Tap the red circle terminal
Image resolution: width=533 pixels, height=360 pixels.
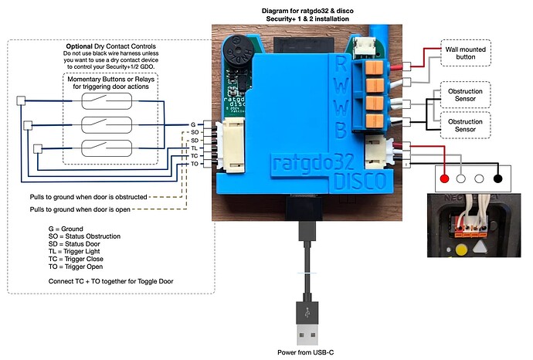pyautogui.click(x=445, y=178)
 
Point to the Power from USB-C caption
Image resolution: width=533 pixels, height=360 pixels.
pyautogui.click(x=308, y=353)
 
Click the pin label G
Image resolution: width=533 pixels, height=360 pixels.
pyautogui.click(x=192, y=124)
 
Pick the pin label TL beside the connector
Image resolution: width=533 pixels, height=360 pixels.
pyautogui.click(x=194, y=147)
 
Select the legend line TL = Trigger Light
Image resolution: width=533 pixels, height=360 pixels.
pyautogui.click(x=80, y=251)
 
